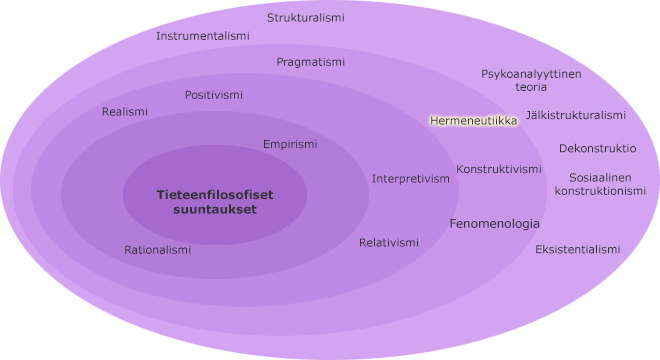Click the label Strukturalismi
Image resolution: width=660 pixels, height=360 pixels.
(306, 18)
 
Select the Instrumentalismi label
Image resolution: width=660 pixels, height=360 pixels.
(203, 36)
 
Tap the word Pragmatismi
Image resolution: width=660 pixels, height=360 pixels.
(311, 62)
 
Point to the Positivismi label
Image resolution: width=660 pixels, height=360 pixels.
(214, 95)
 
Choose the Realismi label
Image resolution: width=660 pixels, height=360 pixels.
(125, 112)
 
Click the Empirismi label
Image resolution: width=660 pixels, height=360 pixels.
(290, 144)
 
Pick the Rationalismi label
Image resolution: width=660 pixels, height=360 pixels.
(158, 250)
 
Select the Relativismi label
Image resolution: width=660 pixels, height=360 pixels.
(389, 243)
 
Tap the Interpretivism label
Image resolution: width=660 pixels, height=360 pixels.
(411, 179)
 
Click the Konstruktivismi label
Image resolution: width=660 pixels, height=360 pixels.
(499, 169)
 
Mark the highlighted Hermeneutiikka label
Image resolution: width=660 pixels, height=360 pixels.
(473, 120)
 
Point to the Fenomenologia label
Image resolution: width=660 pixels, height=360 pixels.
(495, 224)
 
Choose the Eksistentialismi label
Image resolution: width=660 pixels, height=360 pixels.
(578, 249)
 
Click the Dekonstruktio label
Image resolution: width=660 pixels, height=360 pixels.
(598, 148)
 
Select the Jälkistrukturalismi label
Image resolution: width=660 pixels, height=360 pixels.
(576, 115)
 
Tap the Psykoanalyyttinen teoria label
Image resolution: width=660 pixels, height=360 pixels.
(531, 80)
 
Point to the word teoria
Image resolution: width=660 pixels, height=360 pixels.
(531, 87)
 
